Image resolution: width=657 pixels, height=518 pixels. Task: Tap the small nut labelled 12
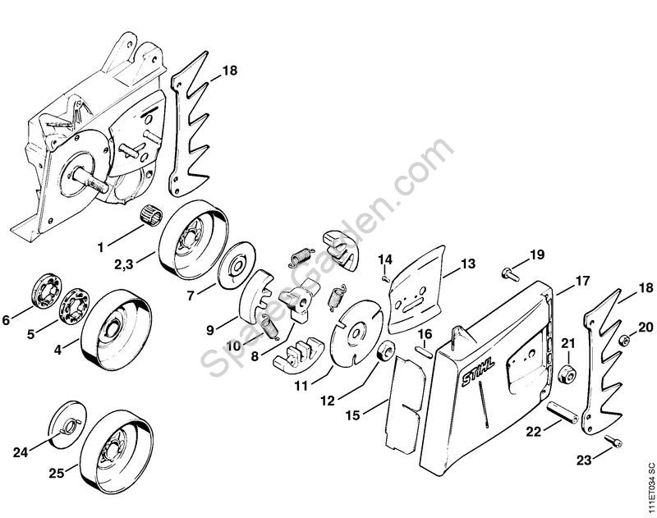click(x=383, y=356)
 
